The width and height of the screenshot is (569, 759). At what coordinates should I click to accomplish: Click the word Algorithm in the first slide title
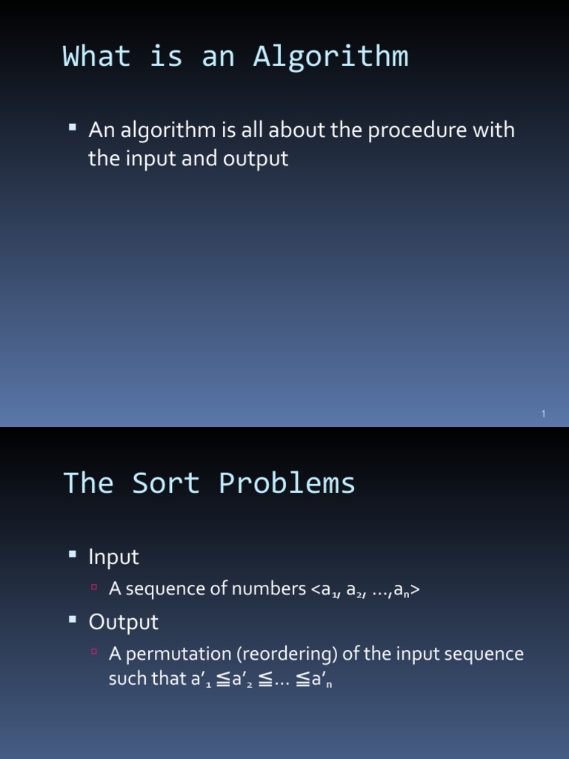[x=330, y=57]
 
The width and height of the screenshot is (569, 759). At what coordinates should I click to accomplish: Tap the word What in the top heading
[x=97, y=57]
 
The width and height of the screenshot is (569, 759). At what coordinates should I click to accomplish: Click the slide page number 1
[x=543, y=414]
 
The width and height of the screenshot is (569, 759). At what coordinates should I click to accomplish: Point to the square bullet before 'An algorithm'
[x=72, y=128]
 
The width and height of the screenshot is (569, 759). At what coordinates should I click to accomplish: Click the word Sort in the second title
[x=167, y=483]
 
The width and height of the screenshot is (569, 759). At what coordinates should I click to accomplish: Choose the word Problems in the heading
[x=287, y=483]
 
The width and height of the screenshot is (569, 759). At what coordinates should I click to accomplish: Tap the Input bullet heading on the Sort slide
[x=113, y=557]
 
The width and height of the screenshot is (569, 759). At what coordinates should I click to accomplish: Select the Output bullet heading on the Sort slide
[x=123, y=622]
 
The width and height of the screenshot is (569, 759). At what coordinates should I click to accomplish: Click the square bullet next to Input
[x=72, y=554]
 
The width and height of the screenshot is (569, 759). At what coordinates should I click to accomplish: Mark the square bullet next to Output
[x=72, y=620]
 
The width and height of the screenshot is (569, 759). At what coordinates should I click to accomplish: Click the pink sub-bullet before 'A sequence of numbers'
[x=94, y=588]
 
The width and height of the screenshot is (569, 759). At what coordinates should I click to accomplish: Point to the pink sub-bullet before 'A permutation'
[x=94, y=653]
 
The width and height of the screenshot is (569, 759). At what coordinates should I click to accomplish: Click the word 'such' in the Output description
[x=127, y=679]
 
